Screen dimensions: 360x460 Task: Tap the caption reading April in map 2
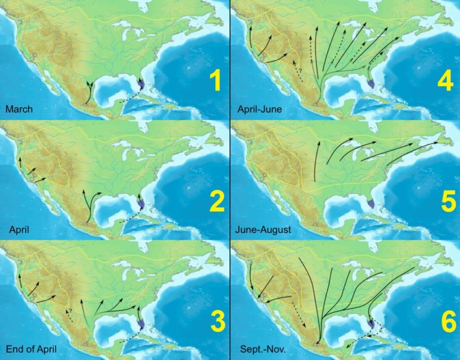pos(20,229)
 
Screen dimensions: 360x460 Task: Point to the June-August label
pos(263,229)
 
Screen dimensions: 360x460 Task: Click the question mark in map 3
pos(69,310)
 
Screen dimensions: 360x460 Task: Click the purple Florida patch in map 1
pos(141,86)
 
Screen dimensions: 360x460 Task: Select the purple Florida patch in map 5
pos(372,204)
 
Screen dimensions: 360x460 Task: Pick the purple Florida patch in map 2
pos(141,204)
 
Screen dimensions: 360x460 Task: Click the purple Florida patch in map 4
pos(372,86)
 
